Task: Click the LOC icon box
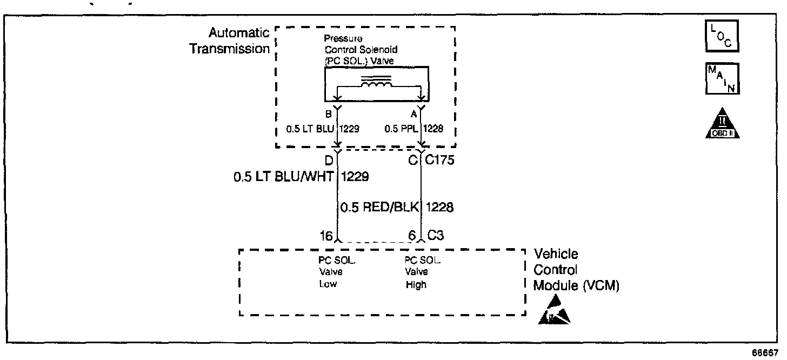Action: pos(722,37)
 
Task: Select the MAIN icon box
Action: pos(722,79)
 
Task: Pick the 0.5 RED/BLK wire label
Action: pos(381,207)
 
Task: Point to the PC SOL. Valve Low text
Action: pos(336,272)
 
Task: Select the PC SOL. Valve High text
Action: pos(423,272)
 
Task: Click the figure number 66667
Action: pos(768,352)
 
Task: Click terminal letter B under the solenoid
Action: pos(328,114)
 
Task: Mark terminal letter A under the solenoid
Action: pos(413,114)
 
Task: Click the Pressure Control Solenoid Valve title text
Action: pos(358,49)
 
